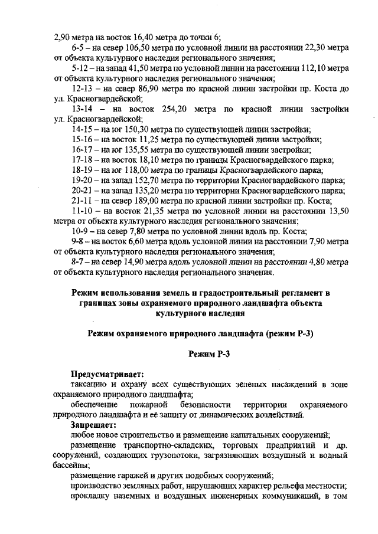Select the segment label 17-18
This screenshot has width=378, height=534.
[82, 159]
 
